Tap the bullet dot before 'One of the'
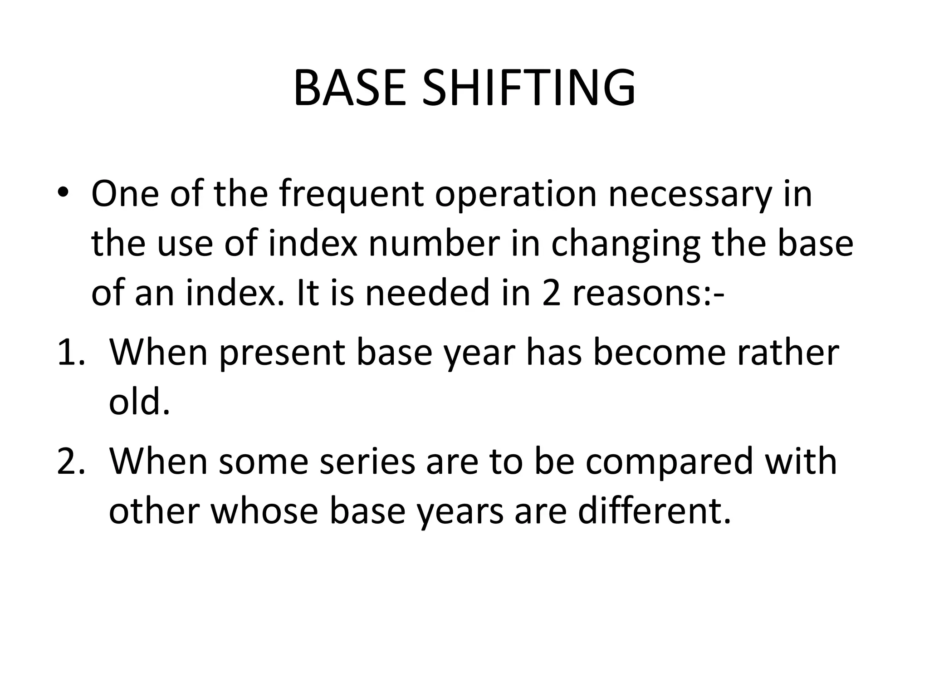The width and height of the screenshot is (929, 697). click(x=63, y=193)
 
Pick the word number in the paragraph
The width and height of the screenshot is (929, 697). click(x=434, y=244)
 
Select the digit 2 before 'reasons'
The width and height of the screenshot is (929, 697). click(x=552, y=293)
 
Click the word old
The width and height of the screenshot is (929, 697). click(x=139, y=402)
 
